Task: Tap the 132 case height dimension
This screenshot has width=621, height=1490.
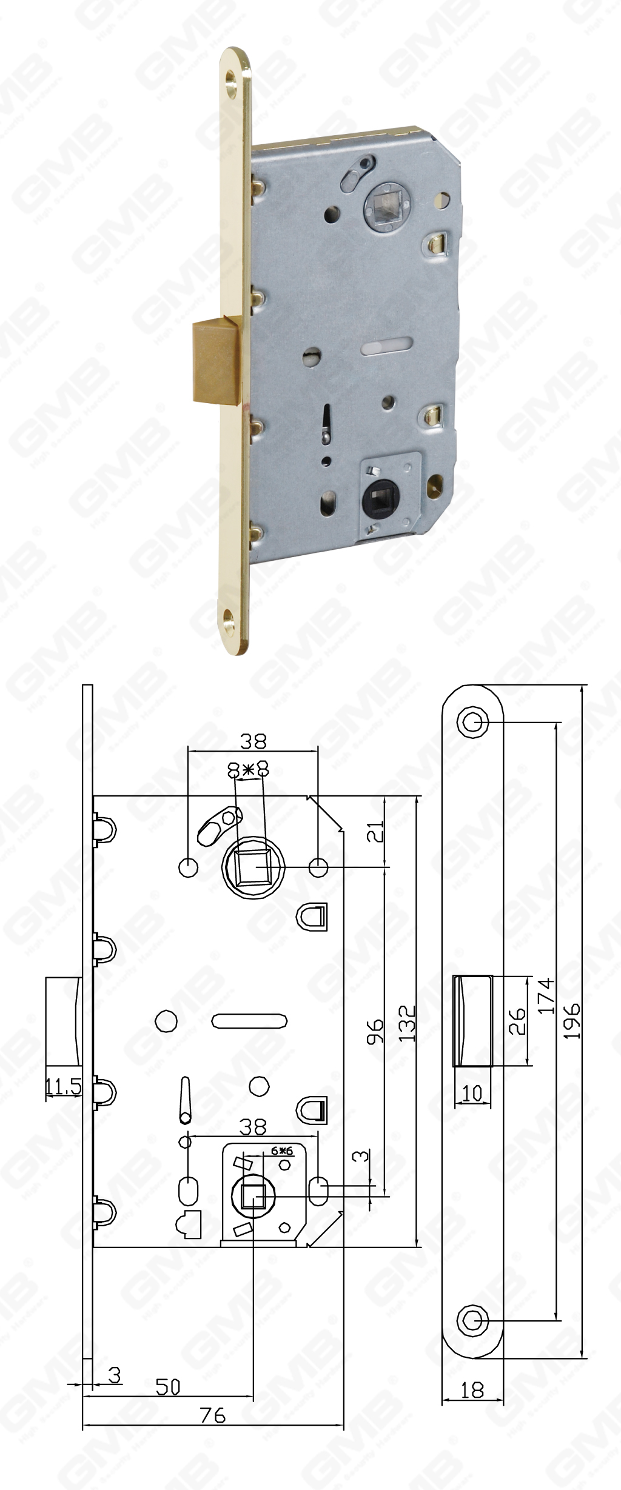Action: [x=407, y=1023]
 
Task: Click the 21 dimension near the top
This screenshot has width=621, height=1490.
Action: [x=377, y=832]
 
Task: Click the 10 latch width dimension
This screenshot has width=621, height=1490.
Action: [x=472, y=1093]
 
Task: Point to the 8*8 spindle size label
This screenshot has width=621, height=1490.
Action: [x=247, y=770]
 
